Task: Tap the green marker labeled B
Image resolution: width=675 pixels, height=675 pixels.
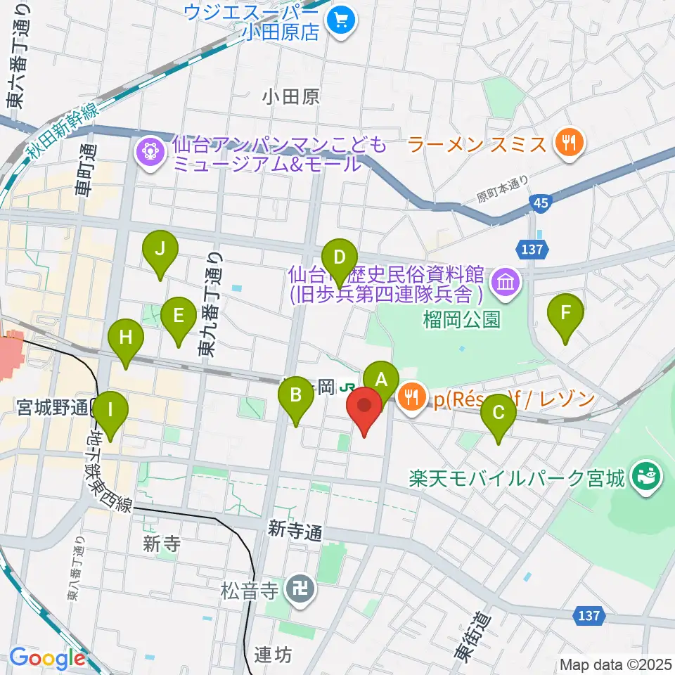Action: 296,394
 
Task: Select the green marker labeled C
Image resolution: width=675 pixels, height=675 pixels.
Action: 499,413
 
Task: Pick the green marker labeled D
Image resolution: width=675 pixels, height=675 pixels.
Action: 340,257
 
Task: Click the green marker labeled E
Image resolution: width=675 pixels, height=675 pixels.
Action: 179,315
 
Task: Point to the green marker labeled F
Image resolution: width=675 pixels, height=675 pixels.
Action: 566,311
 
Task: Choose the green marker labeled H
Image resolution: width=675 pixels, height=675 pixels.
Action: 126,337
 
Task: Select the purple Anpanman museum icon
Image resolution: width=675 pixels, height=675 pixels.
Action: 150,150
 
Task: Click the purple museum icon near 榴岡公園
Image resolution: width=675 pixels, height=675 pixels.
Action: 506,283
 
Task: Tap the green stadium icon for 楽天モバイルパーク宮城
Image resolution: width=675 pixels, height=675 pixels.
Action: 646,479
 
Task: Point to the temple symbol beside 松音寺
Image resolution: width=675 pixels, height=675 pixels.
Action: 301,586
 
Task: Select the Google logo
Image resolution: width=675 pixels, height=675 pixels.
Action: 47,657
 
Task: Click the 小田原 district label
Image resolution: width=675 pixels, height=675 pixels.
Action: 292,96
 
